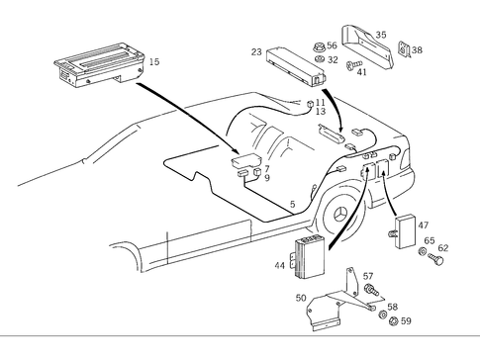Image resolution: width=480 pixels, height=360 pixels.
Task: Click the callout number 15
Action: point(153,62)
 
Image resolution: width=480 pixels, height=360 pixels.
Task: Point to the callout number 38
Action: point(417,49)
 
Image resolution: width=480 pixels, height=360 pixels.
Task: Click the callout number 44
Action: point(280,266)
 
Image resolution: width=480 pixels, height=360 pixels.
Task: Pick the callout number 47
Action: point(423,226)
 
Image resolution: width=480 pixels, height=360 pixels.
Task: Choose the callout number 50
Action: point(301,296)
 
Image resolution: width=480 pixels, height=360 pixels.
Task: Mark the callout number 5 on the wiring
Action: point(291,205)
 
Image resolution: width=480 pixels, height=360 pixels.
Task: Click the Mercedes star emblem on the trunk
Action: point(342,216)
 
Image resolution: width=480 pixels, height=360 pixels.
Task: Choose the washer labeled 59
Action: point(382,318)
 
